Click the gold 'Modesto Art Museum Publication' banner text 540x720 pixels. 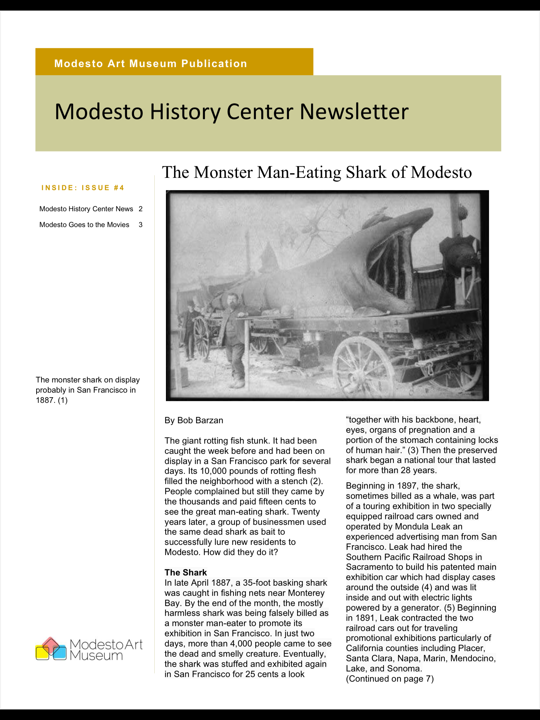[x=150, y=64]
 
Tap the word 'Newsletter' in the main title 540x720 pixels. [x=354, y=112]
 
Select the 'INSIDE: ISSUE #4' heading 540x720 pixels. [x=83, y=188]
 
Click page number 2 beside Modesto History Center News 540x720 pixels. [x=141, y=209]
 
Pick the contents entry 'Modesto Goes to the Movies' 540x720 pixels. [x=84, y=225]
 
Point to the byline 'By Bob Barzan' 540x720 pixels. [x=194, y=420]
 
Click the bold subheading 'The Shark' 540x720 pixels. [x=186, y=572]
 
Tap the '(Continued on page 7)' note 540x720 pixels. [x=390, y=679]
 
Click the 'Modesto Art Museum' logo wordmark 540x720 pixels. [x=106, y=650]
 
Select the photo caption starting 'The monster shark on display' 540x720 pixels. [x=88, y=390]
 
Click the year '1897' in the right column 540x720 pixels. [x=408, y=486]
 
